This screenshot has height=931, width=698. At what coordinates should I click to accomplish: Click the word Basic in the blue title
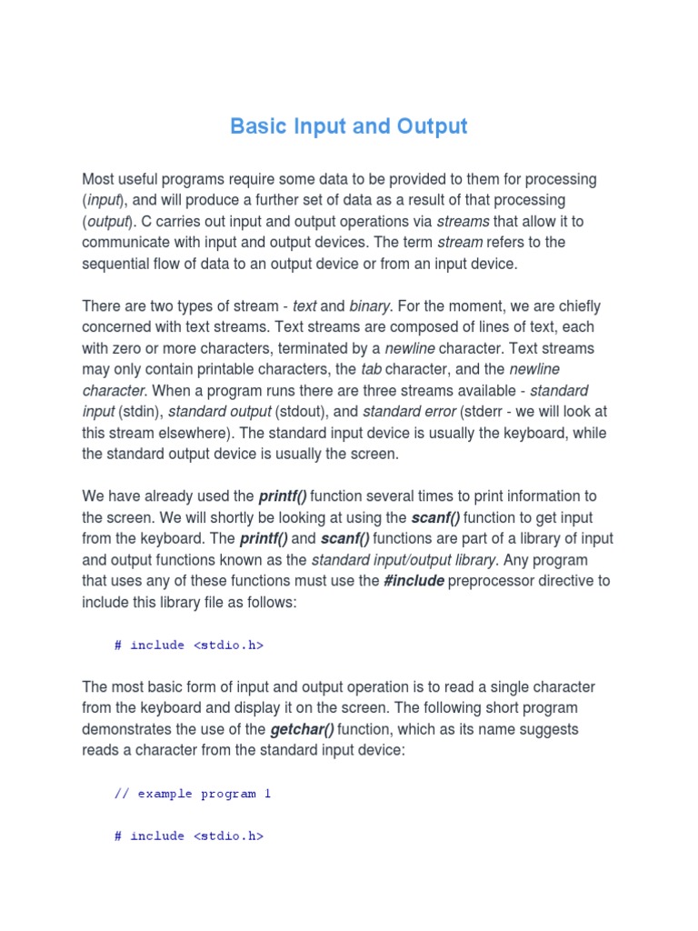pyautogui.click(x=256, y=125)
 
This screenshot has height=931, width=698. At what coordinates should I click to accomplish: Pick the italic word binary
pyautogui.click(x=372, y=306)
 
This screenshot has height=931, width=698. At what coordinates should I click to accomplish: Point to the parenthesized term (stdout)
pyautogui.click(x=304, y=412)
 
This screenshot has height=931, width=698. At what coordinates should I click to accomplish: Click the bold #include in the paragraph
pyautogui.click(x=414, y=580)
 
